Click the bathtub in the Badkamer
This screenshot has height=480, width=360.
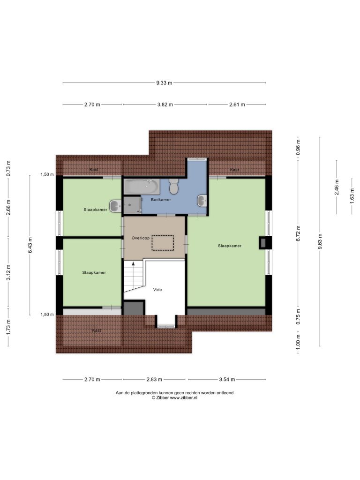(142, 187)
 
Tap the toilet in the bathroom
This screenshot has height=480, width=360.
(174, 187)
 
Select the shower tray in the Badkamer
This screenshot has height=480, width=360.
(132, 205)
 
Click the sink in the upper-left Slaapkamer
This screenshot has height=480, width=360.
(116, 206)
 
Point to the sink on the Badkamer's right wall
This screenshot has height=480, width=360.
(202, 201)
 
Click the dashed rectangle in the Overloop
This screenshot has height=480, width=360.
(163, 243)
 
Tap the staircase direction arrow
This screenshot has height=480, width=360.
(133, 263)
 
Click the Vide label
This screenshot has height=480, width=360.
(157, 290)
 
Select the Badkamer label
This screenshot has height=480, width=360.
(161, 200)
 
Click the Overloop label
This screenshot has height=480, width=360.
(141, 238)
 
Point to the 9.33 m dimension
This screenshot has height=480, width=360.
(164, 82)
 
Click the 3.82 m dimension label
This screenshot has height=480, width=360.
(165, 105)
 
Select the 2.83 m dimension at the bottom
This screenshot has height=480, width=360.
(154, 379)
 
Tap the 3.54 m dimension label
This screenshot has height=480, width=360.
(227, 379)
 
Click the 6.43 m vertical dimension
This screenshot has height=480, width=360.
(30, 245)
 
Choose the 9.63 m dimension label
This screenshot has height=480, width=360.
(320, 241)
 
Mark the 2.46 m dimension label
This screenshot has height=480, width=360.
(337, 187)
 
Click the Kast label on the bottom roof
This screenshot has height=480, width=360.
(97, 330)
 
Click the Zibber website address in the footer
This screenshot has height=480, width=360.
(183, 397)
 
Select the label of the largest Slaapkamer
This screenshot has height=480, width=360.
(230, 246)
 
